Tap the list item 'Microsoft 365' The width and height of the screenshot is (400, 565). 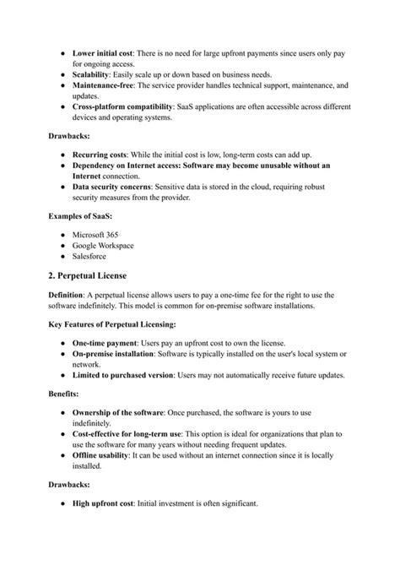point(98,233)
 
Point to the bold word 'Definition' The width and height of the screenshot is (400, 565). point(69,295)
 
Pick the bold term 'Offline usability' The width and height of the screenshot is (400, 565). point(103,454)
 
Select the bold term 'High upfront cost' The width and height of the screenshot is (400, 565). point(105,504)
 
